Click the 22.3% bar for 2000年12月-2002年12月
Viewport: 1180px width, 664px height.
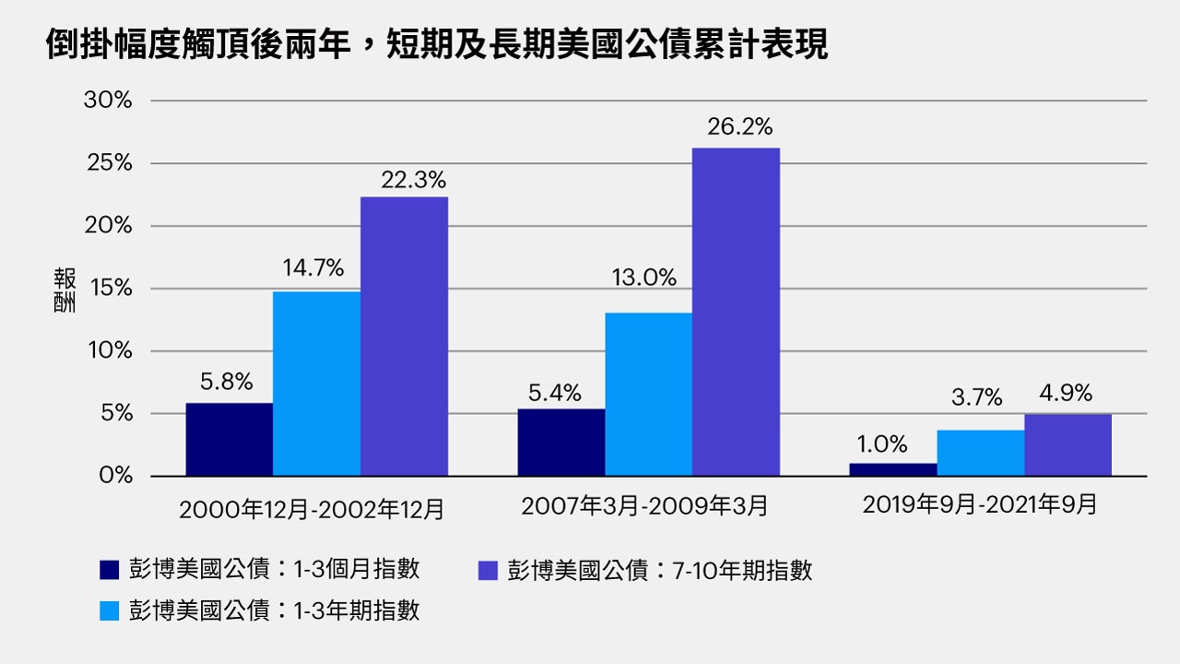pos(404,337)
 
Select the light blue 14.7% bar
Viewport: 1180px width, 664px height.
pos(316,384)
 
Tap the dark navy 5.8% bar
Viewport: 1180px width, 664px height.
pos(229,440)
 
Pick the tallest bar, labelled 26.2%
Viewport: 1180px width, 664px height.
pos(736,312)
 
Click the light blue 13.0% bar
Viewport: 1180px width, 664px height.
pos(648,395)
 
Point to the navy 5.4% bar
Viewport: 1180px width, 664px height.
pos(560,443)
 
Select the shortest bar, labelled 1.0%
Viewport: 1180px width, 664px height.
pos(892,469)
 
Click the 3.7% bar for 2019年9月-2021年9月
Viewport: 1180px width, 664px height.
pos(980,453)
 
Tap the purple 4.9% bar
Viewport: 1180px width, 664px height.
pos(1068,445)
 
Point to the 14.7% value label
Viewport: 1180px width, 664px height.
pos(313,268)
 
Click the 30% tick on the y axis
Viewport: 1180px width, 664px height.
pos(108,101)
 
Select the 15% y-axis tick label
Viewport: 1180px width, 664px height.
pos(110,289)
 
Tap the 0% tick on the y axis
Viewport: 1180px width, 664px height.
pos(115,476)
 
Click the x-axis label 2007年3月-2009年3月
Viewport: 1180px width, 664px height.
pos(643,506)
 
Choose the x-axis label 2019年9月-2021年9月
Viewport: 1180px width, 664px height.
pos(980,505)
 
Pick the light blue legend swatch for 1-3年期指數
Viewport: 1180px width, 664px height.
pos(110,611)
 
